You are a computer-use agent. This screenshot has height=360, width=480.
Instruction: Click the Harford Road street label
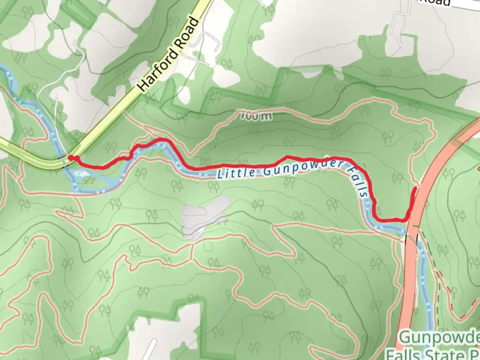point(169,55)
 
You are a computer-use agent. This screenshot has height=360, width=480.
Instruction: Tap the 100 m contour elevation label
point(256,116)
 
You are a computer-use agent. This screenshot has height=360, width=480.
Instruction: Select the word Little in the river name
point(236,173)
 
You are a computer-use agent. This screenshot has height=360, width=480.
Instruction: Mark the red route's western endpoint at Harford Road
point(71,158)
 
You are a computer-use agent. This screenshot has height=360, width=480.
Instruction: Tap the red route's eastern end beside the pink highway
point(415,189)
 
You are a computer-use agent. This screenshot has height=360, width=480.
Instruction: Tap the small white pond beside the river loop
point(81,174)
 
